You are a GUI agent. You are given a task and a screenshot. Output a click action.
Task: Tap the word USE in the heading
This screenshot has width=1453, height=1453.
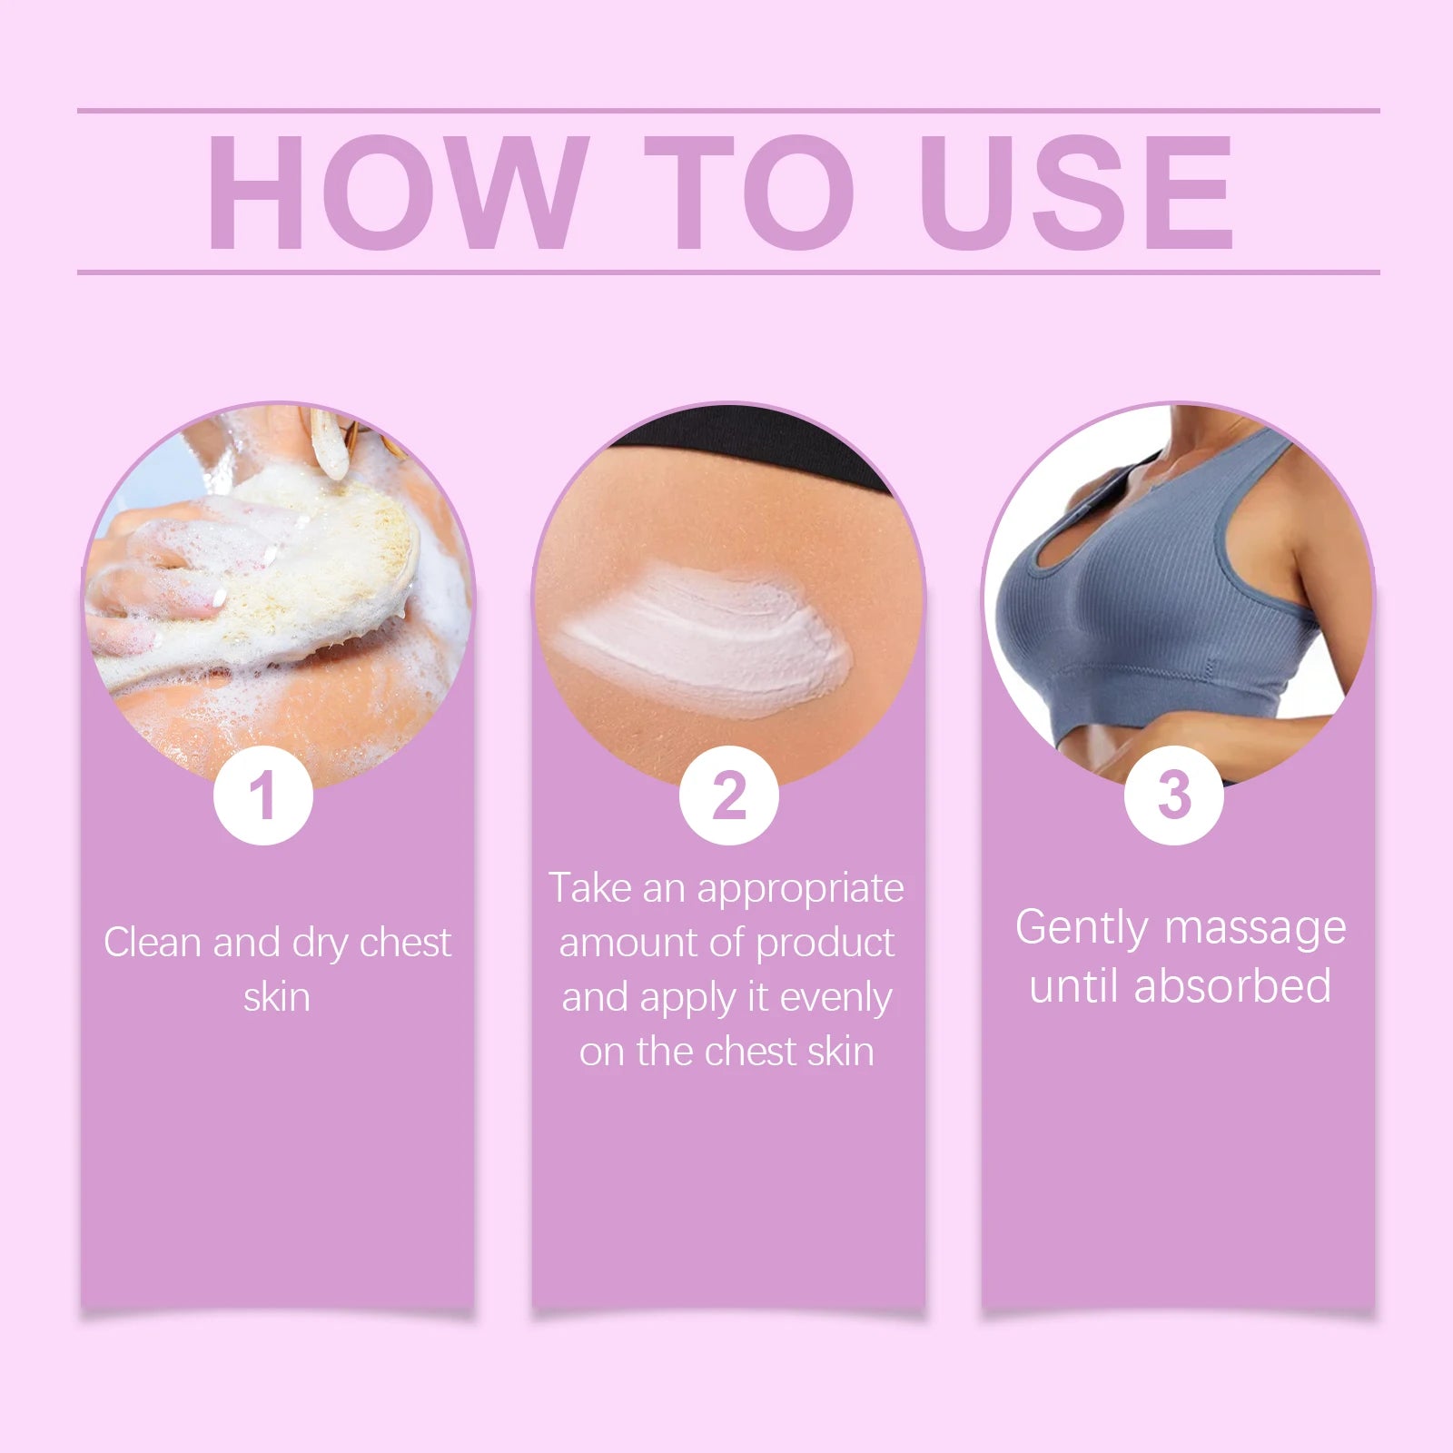point(1076,193)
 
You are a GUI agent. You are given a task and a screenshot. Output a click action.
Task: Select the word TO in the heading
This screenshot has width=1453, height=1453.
point(749,193)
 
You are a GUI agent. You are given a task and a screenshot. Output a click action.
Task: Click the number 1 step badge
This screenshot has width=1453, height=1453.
point(263,796)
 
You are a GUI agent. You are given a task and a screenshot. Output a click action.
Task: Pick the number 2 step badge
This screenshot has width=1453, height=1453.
point(728,796)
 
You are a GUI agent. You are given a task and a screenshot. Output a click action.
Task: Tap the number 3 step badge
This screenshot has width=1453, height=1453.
point(1173,796)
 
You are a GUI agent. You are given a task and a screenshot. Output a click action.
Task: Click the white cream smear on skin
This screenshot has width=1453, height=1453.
point(708,636)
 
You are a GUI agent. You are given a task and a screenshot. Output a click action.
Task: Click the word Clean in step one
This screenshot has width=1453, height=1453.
point(152,943)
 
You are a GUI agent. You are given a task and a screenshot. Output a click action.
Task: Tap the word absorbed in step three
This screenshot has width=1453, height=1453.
point(1232,986)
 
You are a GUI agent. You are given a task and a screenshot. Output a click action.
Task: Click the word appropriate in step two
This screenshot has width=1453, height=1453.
point(800,888)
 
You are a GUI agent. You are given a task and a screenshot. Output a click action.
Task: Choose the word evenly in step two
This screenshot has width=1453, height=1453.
point(835,997)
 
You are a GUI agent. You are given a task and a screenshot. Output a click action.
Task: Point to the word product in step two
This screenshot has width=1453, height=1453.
point(825,943)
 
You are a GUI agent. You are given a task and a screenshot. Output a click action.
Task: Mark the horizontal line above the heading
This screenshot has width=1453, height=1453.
point(726,111)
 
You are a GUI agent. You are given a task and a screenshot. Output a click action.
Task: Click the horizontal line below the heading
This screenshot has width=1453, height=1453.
point(726,272)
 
